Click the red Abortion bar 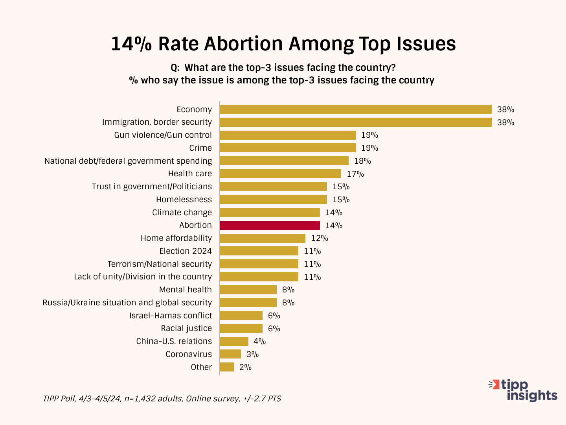pos(270,225)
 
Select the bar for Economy pos(356,109)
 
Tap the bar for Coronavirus pos(230,354)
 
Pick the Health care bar pos(280,174)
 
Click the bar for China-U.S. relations pos(234,341)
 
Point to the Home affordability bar pos(263,238)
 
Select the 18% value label pos(362,161)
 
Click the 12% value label pos(320,238)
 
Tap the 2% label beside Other pos(245,367)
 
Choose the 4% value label pos(259,341)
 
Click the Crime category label pos(200,148)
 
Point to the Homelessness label pos(184,200)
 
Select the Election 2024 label pos(186,251)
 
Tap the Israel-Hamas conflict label pos(171,316)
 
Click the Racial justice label pos(186,328)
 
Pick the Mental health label pos(186,290)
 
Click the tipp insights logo pos(523,390)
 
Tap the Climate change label pos(182,213)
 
